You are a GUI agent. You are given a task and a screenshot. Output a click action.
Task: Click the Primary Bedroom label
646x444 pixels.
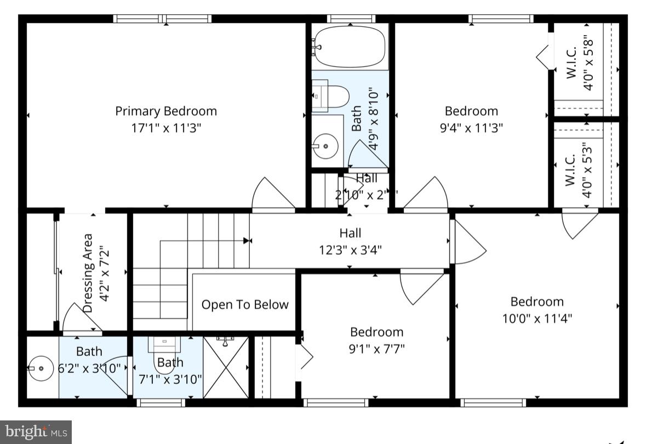point(166,111)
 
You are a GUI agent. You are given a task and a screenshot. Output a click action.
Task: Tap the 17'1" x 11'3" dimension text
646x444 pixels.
point(166,128)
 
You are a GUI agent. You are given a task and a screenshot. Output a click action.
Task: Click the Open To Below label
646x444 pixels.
point(244,305)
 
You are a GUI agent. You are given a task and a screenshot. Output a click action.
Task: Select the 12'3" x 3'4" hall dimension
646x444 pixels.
point(350,250)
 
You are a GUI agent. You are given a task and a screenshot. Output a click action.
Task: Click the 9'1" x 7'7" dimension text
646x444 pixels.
point(376,349)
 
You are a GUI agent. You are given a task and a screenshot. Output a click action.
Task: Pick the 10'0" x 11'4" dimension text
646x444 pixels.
point(537,318)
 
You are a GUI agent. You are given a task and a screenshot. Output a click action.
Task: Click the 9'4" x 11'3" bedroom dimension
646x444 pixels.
point(471,128)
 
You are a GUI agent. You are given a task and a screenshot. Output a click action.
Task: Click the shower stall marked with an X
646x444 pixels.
point(226,367)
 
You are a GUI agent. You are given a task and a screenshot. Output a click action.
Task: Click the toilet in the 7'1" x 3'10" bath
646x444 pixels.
point(165,345)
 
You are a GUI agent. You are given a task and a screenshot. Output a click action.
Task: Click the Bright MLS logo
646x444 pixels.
point(36,432)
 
